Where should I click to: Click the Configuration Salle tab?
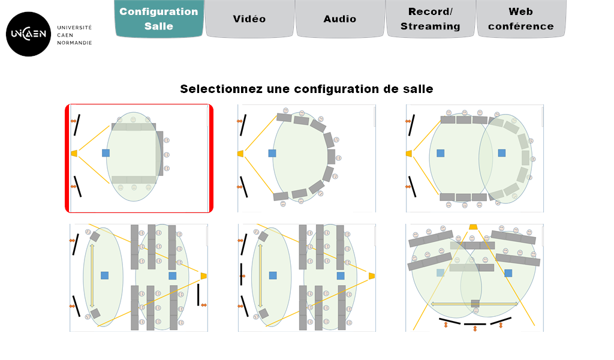coord(159,19)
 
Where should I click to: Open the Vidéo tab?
coord(249,19)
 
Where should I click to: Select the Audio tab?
coord(340,19)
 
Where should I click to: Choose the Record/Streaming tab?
coord(431,19)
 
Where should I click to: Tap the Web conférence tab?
coord(521,19)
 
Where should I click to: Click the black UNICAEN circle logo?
coord(29,34)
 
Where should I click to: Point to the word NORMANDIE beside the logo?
coord(74,43)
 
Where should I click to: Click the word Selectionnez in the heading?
coord(221,89)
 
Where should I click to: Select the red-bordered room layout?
coord(139,158)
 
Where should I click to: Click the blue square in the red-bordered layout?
coord(106,153)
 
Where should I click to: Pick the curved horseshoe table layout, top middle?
coord(306,158)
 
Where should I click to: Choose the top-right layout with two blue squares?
coord(475,158)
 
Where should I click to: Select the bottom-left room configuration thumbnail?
coord(139,278)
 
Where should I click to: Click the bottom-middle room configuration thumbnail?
coord(306,278)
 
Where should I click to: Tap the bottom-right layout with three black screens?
coord(475,278)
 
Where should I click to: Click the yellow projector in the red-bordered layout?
coord(74,153)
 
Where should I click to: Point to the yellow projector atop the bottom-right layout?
coord(473,227)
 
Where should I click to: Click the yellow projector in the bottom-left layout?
coord(204,276)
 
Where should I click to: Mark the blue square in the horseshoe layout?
coord(272,153)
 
